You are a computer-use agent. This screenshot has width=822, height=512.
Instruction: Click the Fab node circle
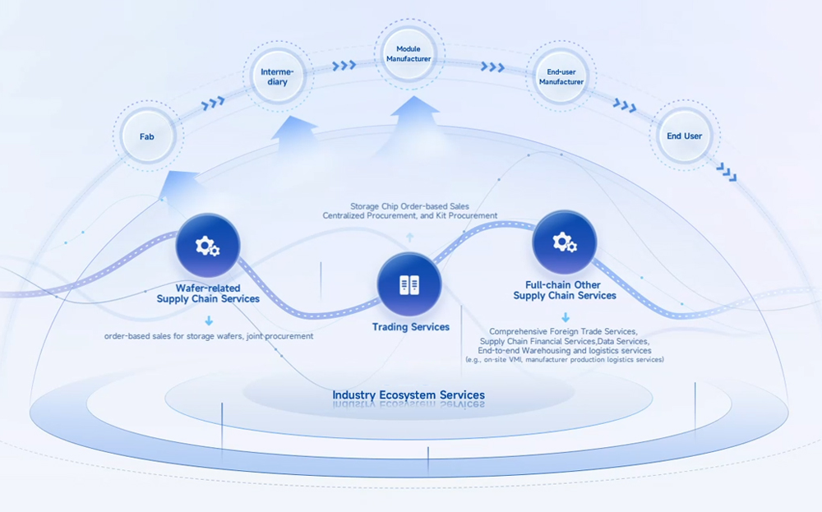click(x=146, y=136)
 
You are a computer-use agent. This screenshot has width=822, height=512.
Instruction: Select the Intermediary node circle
click(x=276, y=77)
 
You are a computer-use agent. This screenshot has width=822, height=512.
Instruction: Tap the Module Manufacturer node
click(x=409, y=54)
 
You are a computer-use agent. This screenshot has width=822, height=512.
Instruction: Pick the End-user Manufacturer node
click(x=561, y=76)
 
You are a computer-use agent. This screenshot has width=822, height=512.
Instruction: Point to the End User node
click(x=684, y=136)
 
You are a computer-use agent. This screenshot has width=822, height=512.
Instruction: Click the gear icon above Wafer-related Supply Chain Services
click(x=207, y=245)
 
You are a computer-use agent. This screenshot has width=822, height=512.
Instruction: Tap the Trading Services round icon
click(x=409, y=285)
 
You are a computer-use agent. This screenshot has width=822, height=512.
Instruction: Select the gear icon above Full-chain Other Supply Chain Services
click(x=564, y=242)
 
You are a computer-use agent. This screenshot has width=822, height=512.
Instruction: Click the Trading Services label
click(x=411, y=327)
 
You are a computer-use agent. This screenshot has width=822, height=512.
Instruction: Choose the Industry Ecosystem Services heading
click(x=409, y=395)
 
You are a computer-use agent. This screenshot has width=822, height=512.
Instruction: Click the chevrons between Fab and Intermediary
click(x=214, y=103)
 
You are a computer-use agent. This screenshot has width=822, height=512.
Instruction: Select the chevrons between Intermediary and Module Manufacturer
click(x=344, y=65)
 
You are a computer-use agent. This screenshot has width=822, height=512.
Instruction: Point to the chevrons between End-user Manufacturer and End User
click(x=625, y=105)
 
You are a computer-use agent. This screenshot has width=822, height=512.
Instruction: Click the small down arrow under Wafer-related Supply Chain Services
click(x=209, y=321)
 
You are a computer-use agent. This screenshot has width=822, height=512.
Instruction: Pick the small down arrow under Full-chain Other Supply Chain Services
click(x=566, y=317)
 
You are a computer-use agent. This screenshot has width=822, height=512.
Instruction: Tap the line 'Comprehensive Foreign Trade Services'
click(x=563, y=331)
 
